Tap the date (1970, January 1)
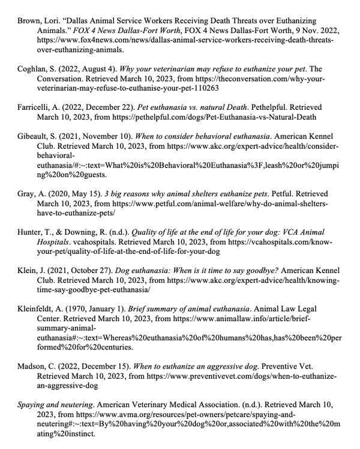tap(95, 308)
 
